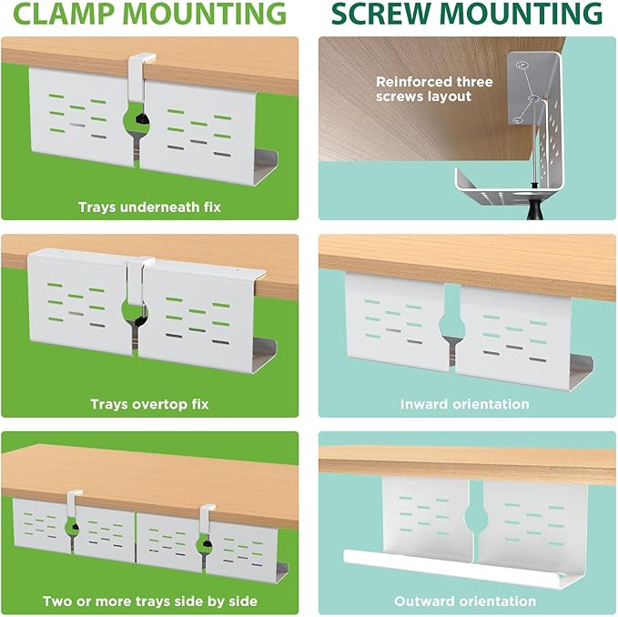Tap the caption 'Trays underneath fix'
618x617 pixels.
149,207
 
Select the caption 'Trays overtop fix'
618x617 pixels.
149,404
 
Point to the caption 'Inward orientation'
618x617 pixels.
465,404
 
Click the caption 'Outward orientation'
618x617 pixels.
465,602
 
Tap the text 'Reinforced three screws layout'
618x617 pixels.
434,89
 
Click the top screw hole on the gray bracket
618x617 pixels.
522,65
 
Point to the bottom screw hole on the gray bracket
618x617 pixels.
518,120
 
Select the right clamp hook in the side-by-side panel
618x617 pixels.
206,521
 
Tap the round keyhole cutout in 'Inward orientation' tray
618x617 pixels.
451,324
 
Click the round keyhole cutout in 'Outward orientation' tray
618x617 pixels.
477,516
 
